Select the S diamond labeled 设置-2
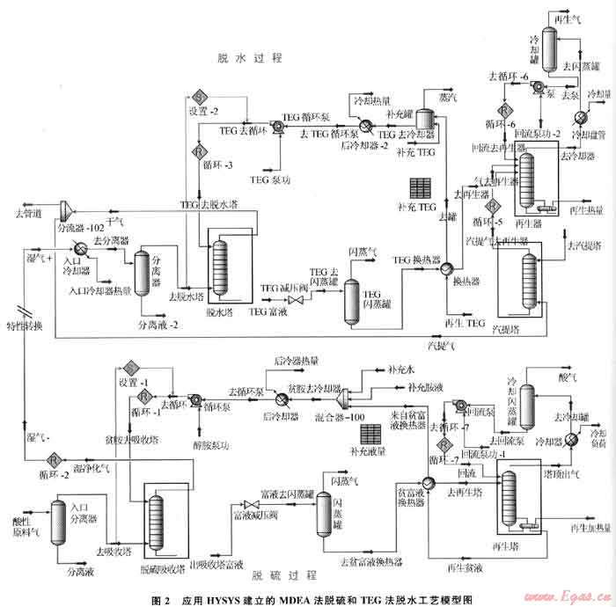pos(198,96)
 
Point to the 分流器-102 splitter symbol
pos(66,208)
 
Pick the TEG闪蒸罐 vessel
pos(351,291)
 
